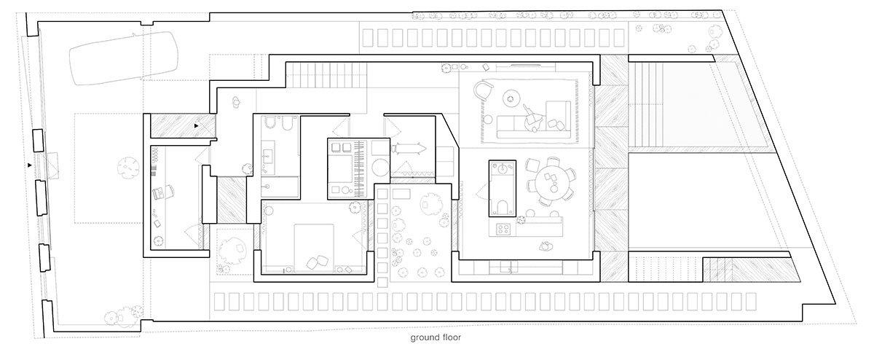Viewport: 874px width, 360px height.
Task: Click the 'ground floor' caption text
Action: tap(436, 338)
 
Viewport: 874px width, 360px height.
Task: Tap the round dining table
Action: tap(551, 181)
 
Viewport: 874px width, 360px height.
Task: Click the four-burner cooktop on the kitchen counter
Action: tap(504, 230)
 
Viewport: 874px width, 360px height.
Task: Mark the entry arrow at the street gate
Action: tap(28, 166)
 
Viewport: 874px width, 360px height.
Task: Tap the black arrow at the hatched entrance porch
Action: tap(197, 126)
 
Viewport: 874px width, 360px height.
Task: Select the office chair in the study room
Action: tap(162, 193)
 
